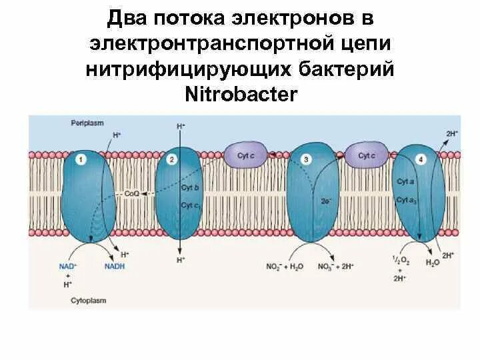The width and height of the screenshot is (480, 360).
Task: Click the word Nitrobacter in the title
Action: click(x=240, y=94)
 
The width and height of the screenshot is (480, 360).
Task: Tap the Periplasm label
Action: click(x=84, y=124)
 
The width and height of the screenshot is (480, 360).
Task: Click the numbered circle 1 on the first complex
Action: click(x=81, y=160)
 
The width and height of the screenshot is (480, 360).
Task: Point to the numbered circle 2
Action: click(x=172, y=160)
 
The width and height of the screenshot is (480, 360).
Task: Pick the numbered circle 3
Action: click(x=305, y=160)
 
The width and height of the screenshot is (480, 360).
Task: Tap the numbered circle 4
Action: click(x=420, y=160)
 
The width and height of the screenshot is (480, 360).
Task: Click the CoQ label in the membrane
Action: click(x=132, y=193)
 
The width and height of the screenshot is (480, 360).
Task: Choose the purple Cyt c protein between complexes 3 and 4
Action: click(x=365, y=155)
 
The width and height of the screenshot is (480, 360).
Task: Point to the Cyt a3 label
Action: click(x=406, y=200)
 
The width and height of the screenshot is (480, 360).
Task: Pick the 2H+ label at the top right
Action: click(x=451, y=133)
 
